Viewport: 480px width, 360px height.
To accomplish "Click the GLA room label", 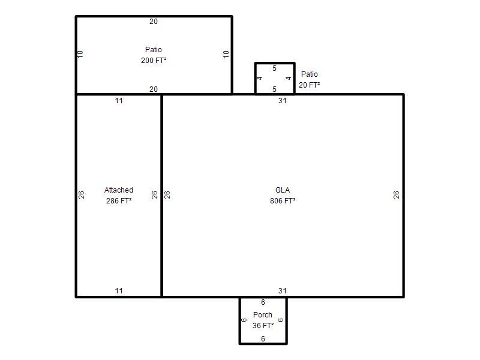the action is click(282, 190).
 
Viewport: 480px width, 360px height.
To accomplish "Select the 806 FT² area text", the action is click(282, 201).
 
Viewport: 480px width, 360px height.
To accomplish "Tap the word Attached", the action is click(119, 190).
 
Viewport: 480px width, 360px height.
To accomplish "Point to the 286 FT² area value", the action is click(119, 201).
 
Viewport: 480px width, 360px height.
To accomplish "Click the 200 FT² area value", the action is click(154, 61).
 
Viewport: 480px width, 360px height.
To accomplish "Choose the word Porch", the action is click(263, 314).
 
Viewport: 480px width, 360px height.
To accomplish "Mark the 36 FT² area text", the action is click(263, 325).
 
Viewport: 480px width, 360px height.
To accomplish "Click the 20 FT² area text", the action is click(309, 85).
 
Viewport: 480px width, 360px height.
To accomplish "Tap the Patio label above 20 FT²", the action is click(309, 74).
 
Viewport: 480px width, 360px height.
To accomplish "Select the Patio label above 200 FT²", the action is click(154, 50).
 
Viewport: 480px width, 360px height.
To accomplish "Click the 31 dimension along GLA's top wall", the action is click(282, 101).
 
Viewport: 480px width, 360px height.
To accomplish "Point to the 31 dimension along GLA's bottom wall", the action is click(282, 291).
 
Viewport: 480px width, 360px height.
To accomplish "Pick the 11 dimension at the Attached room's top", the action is click(119, 101).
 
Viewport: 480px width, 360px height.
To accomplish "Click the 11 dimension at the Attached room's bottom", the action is click(119, 291).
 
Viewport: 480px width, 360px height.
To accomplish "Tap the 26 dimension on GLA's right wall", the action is click(396, 194).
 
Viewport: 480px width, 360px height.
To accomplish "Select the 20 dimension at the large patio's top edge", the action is click(154, 22).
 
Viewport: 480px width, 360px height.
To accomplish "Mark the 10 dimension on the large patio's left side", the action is click(80, 55).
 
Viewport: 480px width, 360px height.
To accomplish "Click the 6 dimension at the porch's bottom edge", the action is click(263, 339).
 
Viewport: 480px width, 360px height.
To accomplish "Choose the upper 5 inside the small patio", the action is click(274, 68).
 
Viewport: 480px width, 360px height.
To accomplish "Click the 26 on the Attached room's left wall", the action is click(81, 194).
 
